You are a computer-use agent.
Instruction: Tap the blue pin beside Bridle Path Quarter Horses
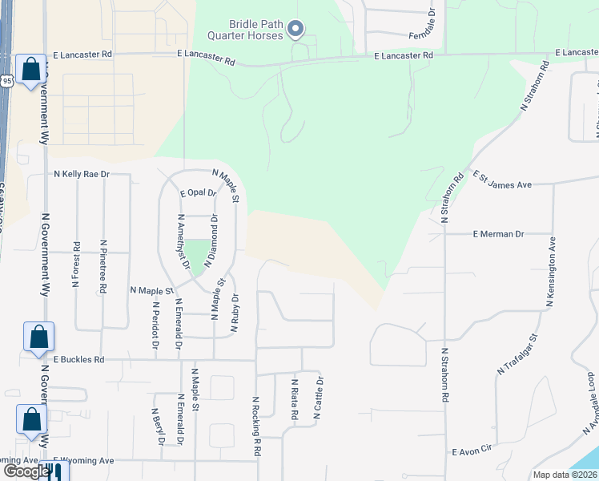coord(295,30)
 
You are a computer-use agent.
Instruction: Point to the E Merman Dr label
coord(498,234)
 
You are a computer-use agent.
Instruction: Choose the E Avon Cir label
coord(475,452)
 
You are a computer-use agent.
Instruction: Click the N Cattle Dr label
coord(319,398)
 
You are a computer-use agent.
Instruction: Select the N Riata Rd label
coord(295,400)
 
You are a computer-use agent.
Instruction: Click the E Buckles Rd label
coord(79,360)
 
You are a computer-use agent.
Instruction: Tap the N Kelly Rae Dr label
coord(81,174)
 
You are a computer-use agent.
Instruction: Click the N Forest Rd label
coord(77,265)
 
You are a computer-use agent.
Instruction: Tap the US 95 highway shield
coord(6,80)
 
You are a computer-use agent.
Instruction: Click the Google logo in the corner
coord(26,471)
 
